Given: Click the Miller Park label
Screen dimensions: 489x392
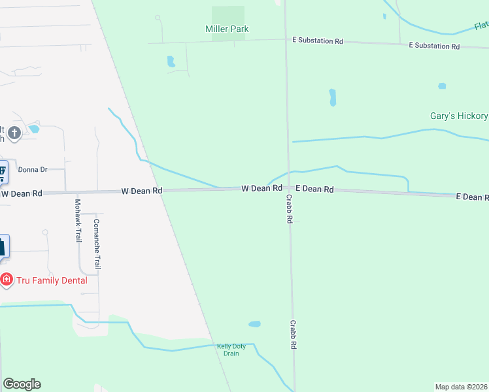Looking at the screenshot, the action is click(x=227, y=29).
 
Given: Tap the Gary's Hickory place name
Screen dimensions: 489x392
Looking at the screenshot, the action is click(x=458, y=116).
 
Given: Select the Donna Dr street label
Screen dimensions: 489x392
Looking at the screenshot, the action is click(x=33, y=169).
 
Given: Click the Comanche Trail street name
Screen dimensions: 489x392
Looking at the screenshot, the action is click(x=97, y=244).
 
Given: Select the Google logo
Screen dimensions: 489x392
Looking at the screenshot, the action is click(x=22, y=384).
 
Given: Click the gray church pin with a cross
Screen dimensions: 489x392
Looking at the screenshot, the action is click(x=14, y=133).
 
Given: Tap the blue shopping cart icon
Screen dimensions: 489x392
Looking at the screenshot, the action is click(x=2, y=172).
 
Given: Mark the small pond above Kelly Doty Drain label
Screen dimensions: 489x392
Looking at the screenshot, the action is click(x=254, y=324).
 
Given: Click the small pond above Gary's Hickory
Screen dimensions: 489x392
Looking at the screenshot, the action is click(x=442, y=86).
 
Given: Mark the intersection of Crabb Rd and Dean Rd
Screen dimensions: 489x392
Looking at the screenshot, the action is click(x=288, y=188).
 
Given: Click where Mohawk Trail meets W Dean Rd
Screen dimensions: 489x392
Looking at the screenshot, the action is click(x=77, y=192).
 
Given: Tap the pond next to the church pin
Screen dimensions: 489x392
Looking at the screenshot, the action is click(x=34, y=129).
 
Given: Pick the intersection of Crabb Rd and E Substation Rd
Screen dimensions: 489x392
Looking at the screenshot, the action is click(x=286, y=41).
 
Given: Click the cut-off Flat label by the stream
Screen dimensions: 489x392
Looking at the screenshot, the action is click(x=481, y=25).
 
